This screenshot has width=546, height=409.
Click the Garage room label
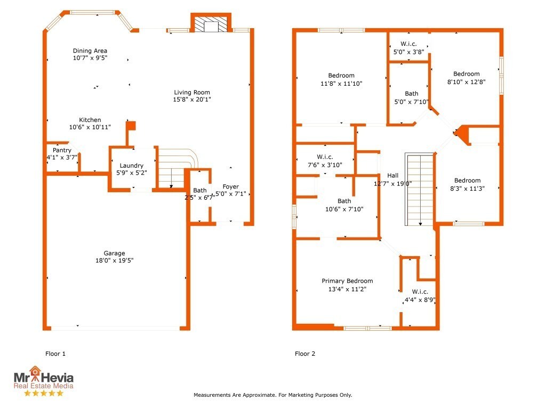point(114,253)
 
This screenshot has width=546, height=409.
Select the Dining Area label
point(90,51)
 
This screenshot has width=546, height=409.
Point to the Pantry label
point(62,151)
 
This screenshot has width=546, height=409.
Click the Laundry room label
point(131,166)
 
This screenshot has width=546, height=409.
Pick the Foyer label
point(230,186)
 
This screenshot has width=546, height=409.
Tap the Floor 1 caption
point(55,354)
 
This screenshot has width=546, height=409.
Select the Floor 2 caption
point(305,354)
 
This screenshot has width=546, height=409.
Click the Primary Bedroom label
point(347,281)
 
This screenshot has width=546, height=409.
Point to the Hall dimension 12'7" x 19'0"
point(392,184)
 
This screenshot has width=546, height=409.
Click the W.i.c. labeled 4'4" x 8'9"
point(420,292)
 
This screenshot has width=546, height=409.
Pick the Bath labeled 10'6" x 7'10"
point(344,201)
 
